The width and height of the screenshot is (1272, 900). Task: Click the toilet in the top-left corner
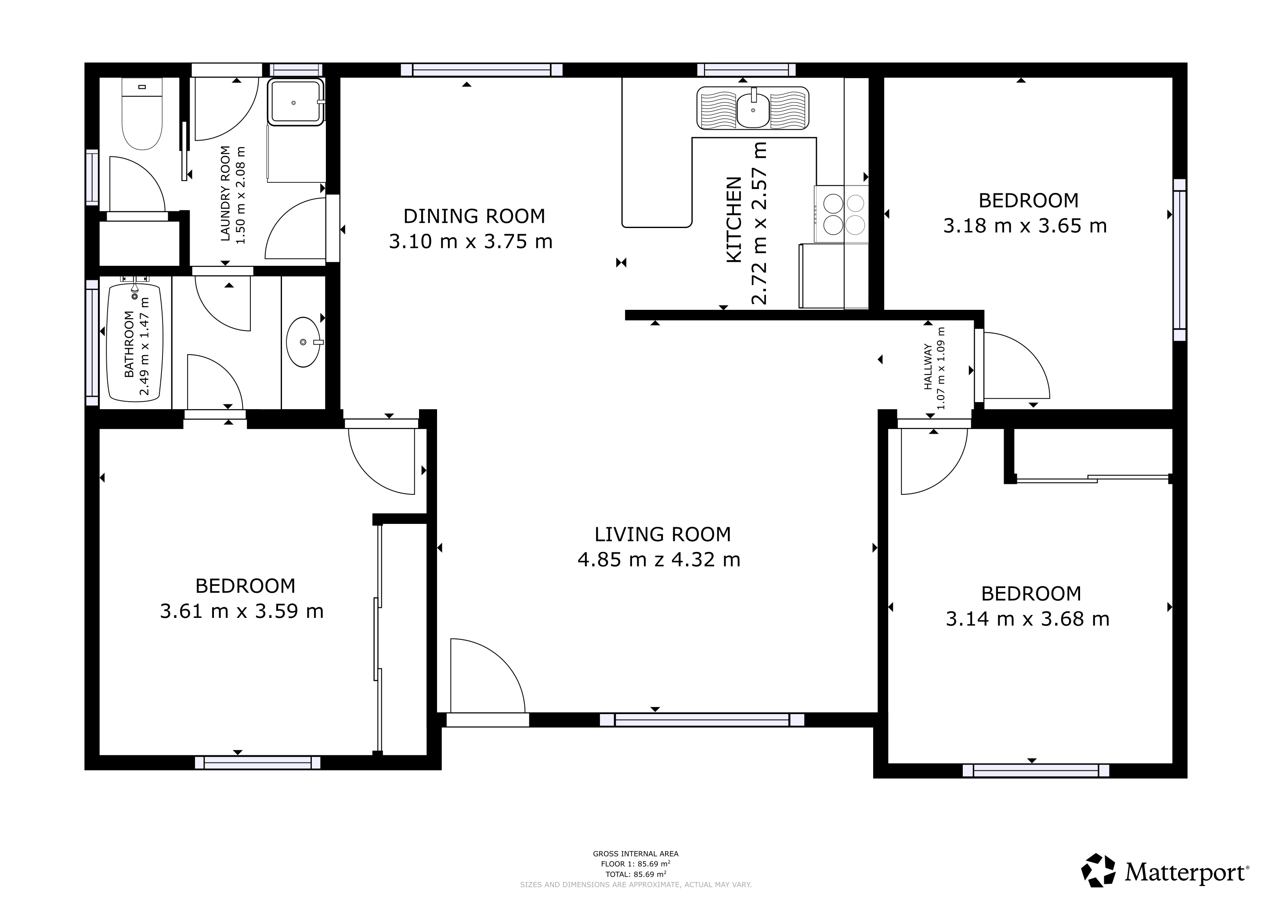point(142,114)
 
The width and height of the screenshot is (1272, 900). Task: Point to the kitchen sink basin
point(753,110)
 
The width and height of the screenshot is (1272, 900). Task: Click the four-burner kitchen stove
point(841,214)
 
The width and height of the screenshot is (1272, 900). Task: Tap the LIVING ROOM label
point(663,534)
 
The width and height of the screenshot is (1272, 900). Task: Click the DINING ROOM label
point(474,216)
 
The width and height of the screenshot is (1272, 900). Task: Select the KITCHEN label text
point(734,219)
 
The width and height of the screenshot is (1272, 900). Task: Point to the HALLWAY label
point(928,367)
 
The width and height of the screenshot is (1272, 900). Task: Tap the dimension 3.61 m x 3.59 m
point(242,611)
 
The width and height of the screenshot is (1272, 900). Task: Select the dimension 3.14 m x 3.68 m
point(1028,619)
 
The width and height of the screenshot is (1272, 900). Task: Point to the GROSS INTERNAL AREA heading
point(636,854)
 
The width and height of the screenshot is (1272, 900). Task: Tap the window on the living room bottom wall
point(702,720)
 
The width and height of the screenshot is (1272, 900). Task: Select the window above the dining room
point(481,70)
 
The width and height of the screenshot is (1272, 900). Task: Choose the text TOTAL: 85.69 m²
point(636,875)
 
